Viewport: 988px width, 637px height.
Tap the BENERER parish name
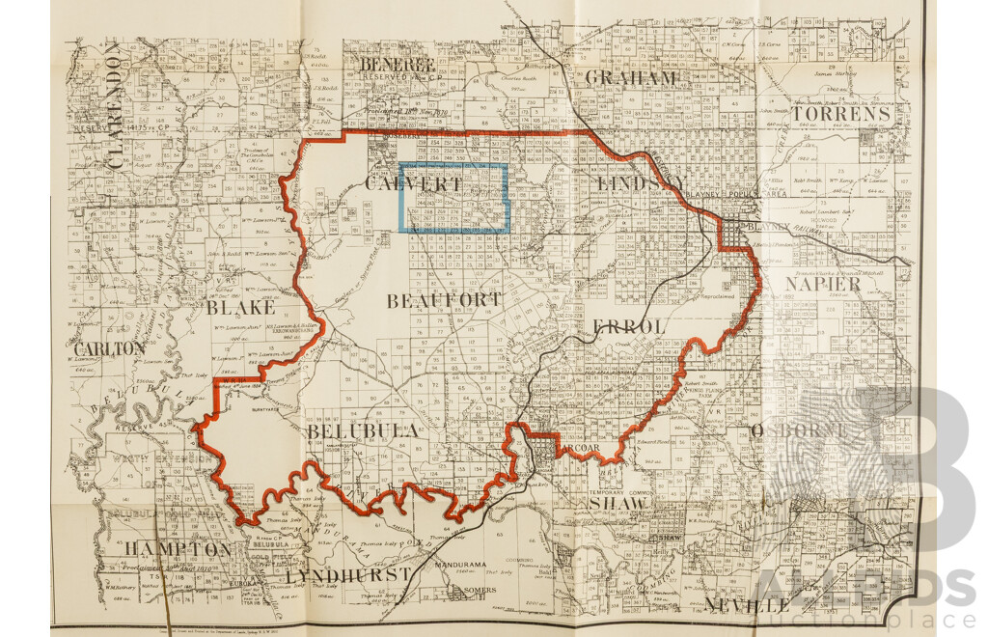398,66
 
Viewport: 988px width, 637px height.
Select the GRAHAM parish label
631,77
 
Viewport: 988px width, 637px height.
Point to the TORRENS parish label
840,114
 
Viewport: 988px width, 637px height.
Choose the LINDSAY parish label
640,183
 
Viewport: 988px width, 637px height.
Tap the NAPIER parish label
823,284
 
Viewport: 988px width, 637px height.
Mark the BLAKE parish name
239,308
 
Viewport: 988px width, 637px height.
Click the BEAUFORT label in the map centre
444,301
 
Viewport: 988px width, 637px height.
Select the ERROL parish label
630,327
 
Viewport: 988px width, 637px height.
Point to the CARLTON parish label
110,347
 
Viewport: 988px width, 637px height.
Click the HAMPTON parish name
177,549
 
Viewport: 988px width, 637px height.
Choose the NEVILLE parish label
748,605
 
